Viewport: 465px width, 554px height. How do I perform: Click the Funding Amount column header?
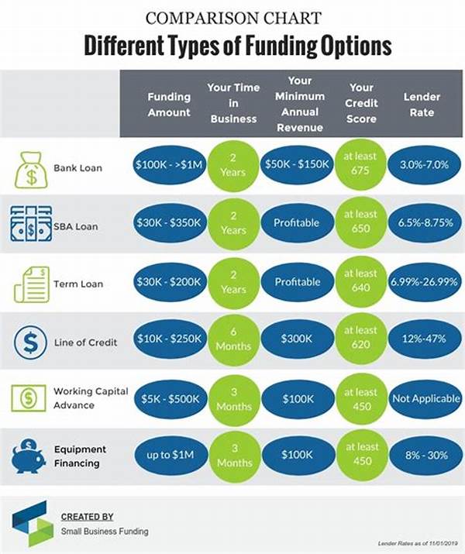[169, 105]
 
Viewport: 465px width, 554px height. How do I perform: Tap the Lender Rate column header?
[422, 105]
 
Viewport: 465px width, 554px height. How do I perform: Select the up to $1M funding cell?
[168, 456]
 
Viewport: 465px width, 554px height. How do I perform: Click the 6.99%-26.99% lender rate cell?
[423, 283]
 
